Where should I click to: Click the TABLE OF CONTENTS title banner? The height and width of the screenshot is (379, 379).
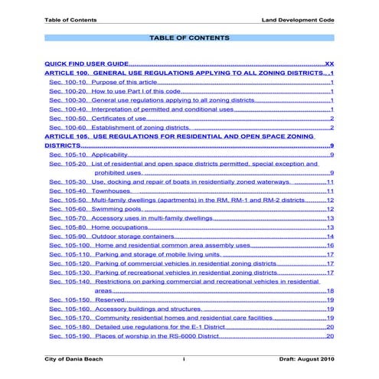189,38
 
